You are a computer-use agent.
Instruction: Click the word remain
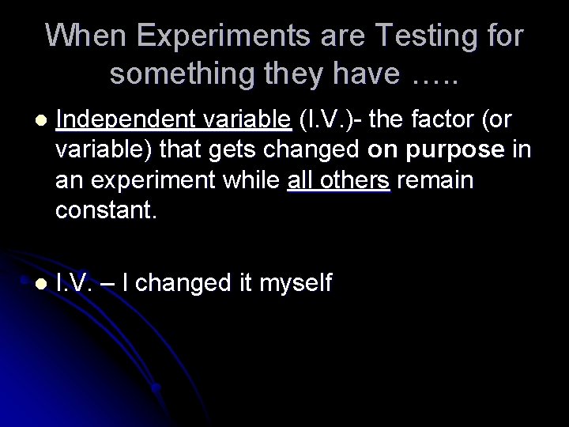click(x=435, y=179)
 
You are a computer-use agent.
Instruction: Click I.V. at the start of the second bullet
click(x=77, y=281)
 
